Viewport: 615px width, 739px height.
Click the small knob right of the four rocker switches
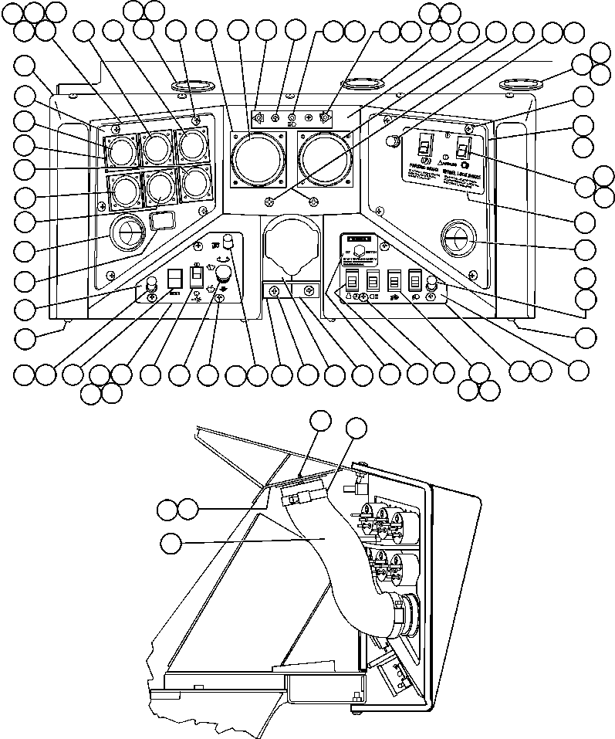pos(432,284)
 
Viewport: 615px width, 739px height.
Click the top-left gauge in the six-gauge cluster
pos(121,150)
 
